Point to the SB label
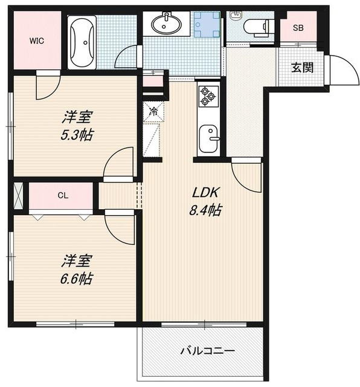(298, 27)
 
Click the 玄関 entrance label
(303, 67)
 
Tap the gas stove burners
(208, 95)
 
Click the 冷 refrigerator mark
(153, 111)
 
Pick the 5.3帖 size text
(77, 134)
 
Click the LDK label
(205, 193)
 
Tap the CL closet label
(63, 195)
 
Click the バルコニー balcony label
(207, 351)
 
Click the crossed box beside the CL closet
(18, 195)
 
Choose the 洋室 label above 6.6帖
(76, 261)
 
